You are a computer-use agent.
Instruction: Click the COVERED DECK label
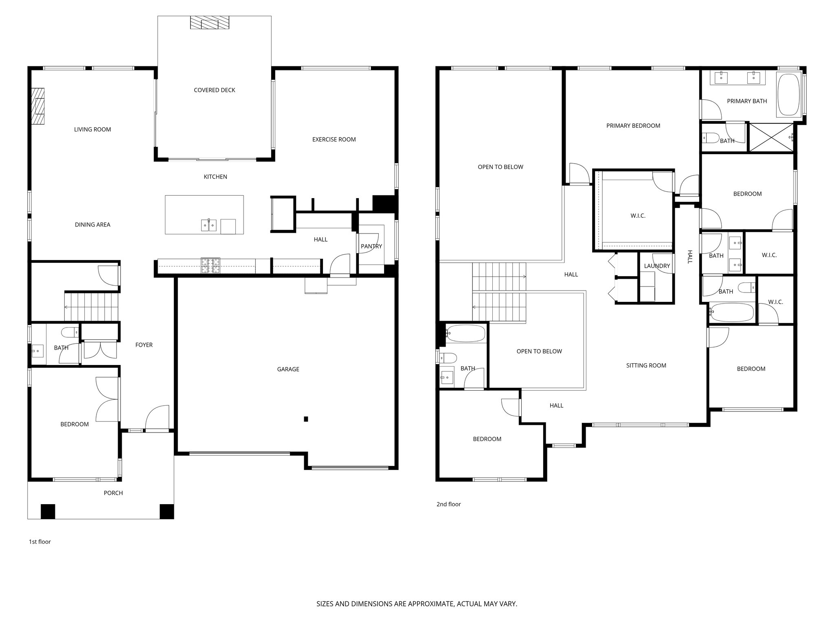click(x=214, y=90)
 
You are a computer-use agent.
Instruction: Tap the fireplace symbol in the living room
click(x=38, y=106)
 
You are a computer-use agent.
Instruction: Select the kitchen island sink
click(x=209, y=225)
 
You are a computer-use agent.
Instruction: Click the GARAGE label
click(x=288, y=369)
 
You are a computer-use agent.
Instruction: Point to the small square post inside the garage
click(x=306, y=419)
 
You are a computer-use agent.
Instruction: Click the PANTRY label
click(x=371, y=246)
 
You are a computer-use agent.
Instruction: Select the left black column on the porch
click(x=48, y=511)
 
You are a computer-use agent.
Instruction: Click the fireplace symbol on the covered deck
click(x=210, y=22)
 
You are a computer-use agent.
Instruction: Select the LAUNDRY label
click(x=656, y=266)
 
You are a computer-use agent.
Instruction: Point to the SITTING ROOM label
click(x=646, y=365)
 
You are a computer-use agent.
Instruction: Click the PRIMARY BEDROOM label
click(x=633, y=126)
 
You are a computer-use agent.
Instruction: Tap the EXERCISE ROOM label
click(x=334, y=140)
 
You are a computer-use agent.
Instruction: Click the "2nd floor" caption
click(x=448, y=504)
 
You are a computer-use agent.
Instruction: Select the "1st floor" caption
click(x=40, y=542)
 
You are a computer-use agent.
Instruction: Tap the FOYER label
click(x=144, y=345)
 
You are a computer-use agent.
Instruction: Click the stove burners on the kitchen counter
click(x=210, y=266)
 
